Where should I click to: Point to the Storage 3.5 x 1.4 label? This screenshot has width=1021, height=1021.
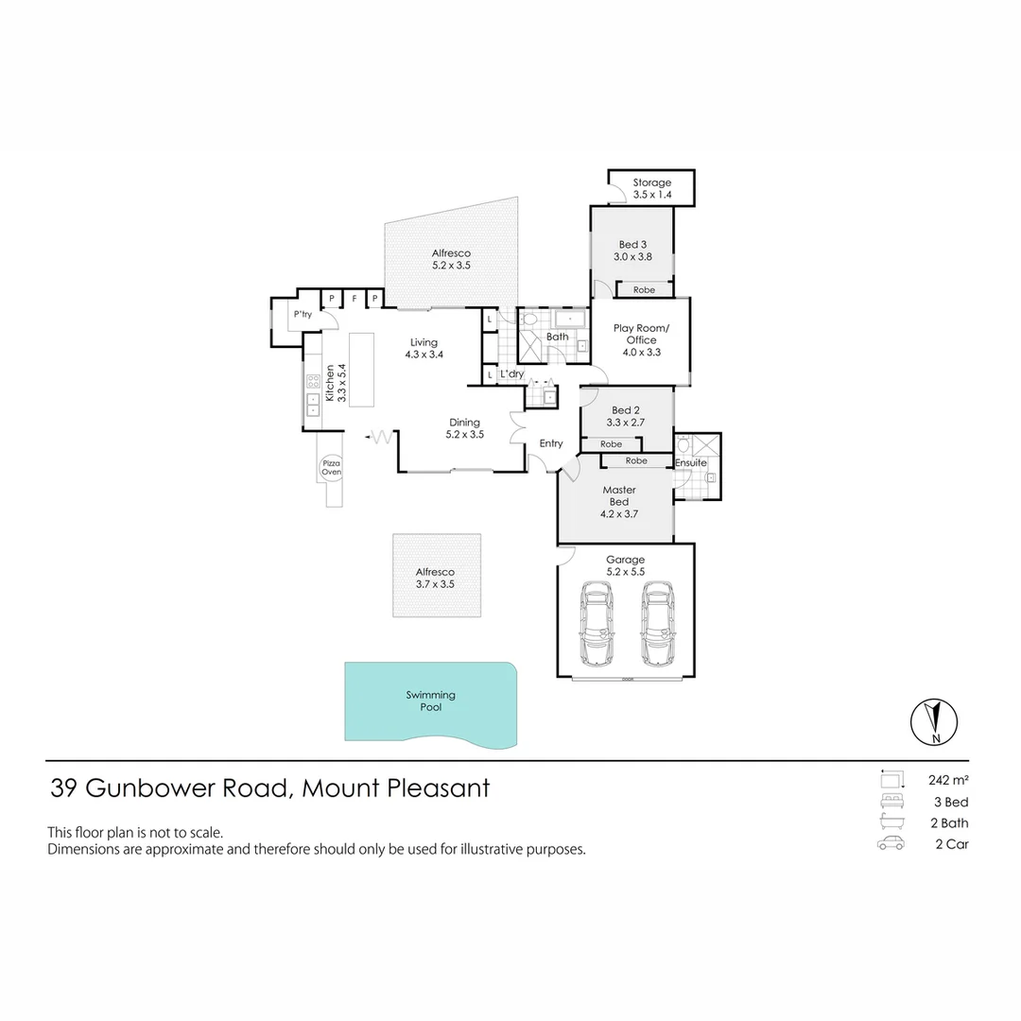[x=651, y=188]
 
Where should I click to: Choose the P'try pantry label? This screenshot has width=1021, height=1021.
[x=303, y=315]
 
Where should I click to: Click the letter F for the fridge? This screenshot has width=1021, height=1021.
[x=354, y=299]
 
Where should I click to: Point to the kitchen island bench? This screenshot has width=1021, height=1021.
[x=361, y=369]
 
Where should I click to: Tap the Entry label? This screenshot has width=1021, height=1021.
[x=551, y=443]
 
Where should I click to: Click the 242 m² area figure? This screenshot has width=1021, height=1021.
[x=949, y=780]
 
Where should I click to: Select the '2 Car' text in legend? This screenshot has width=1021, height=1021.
[x=952, y=844]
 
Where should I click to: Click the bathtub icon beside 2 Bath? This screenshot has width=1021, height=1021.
[x=889, y=822]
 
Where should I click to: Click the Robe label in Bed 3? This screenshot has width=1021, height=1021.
[x=644, y=290]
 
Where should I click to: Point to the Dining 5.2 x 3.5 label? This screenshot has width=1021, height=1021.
[x=464, y=429]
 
